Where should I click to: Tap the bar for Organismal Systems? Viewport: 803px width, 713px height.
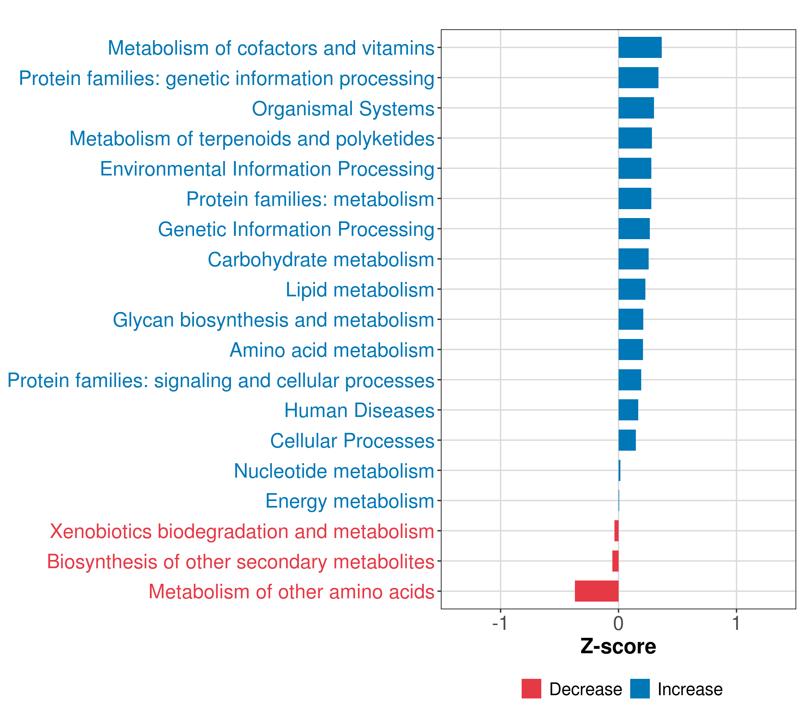point(636,108)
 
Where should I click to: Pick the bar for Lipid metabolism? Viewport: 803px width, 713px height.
point(632,289)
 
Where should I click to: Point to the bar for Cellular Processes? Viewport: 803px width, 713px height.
point(627,440)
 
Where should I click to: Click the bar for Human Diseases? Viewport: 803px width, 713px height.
point(628,410)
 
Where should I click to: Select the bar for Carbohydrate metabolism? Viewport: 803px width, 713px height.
point(633,259)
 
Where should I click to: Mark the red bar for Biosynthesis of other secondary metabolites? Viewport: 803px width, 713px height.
point(615,561)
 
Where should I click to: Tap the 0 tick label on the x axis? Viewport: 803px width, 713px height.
point(618,623)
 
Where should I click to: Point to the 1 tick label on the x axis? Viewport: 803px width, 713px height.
point(736,623)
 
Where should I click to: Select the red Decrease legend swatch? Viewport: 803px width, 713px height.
point(531,689)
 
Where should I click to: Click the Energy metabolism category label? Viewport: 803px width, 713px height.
point(350,501)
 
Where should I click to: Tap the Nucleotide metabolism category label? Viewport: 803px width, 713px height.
point(334,471)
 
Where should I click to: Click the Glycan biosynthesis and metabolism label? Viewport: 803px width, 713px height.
point(273,320)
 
